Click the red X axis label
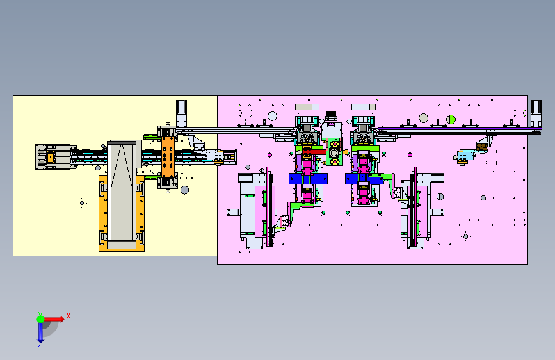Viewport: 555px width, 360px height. [x=68, y=316]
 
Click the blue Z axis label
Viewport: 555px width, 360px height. [x=40, y=344]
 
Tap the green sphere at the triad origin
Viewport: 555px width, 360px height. [x=40, y=319]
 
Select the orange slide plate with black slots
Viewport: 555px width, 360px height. [x=168, y=158]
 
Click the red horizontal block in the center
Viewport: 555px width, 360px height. [x=314, y=152]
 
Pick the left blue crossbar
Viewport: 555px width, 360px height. [x=308, y=179]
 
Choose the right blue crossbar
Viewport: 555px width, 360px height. [x=364, y=179]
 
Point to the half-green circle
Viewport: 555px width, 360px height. [x=451, y=119]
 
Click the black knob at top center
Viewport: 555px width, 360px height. [x=331, y=114]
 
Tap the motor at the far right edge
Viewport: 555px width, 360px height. [x=536, y=113]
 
